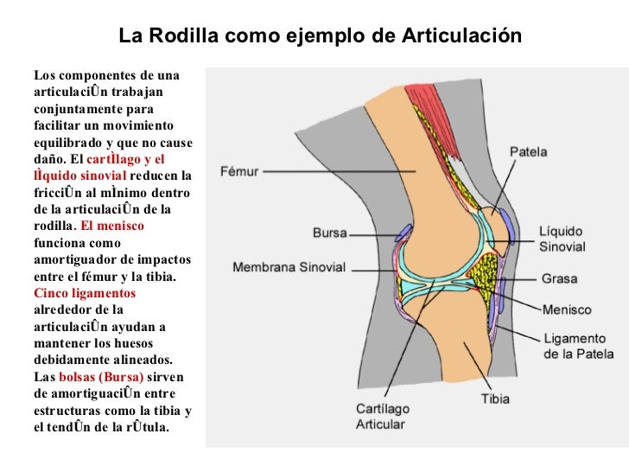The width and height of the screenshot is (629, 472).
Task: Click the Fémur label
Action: [x=239, y=171]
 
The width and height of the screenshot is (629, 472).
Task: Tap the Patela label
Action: [x=528, y=152]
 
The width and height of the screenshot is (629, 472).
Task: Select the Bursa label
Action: [x=328, y=233]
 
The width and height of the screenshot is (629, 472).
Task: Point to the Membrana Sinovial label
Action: [x=289, y=267]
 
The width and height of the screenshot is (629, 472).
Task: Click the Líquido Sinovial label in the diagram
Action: [x=562, y=239]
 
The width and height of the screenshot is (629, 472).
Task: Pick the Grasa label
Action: [x=560, y=279]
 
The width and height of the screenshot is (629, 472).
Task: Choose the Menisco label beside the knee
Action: [x=567, y=309]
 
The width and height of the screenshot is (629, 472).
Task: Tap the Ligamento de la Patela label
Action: [x=578, y=346]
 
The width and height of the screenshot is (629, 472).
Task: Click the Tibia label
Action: [x=495, y=399]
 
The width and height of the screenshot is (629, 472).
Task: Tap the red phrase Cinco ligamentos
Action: [x=85, y=292]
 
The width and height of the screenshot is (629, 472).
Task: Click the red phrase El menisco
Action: [x=116, y=226]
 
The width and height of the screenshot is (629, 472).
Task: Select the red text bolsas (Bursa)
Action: [x=101, y=378]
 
